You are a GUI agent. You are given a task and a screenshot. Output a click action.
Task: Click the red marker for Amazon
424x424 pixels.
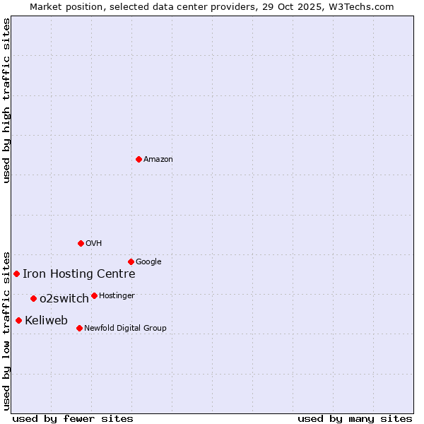click(x=139, y=159)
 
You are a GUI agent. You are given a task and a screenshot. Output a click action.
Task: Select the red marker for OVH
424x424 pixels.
click(x=81, y=243)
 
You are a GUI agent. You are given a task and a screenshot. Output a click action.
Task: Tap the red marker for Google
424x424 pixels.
click(x=131, y=261)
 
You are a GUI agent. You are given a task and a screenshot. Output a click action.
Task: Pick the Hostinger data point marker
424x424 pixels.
click(x=94, y=295)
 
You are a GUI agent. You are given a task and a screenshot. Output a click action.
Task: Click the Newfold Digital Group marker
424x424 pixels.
click(x=79, y=328)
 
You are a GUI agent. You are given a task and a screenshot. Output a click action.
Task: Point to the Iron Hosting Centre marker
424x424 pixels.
click(x=16, y=273)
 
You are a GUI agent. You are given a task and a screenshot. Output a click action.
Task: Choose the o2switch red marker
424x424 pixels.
click(x=33, y=298)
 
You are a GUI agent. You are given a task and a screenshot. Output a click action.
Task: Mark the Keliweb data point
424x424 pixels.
click(x=18, y=320)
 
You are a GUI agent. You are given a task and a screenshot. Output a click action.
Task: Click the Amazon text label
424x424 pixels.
click(x=158, y=160)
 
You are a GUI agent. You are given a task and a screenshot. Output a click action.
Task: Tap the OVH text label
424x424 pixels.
click(x=94, y=244)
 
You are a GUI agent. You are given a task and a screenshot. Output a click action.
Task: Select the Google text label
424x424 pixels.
click(x=148, y=262)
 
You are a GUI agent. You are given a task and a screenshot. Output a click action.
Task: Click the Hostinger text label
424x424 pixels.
click(x=117, y=296)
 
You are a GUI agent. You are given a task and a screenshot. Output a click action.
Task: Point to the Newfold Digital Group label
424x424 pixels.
click(x=125, y=329)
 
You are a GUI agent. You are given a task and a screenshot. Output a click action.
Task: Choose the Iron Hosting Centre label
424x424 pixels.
click(x=78, y=274)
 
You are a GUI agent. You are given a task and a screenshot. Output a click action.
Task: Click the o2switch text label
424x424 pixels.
click(x=64, y=299)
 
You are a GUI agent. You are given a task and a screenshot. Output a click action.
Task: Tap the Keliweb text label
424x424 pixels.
click(x=46, y=321)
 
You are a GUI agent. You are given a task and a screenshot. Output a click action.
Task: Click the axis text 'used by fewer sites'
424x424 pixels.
click(x=73, y=418)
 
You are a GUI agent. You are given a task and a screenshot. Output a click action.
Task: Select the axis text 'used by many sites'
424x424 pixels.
click(x=355, y=418)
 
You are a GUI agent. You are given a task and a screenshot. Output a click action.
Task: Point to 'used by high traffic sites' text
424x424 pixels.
click(x=6, y=100)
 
